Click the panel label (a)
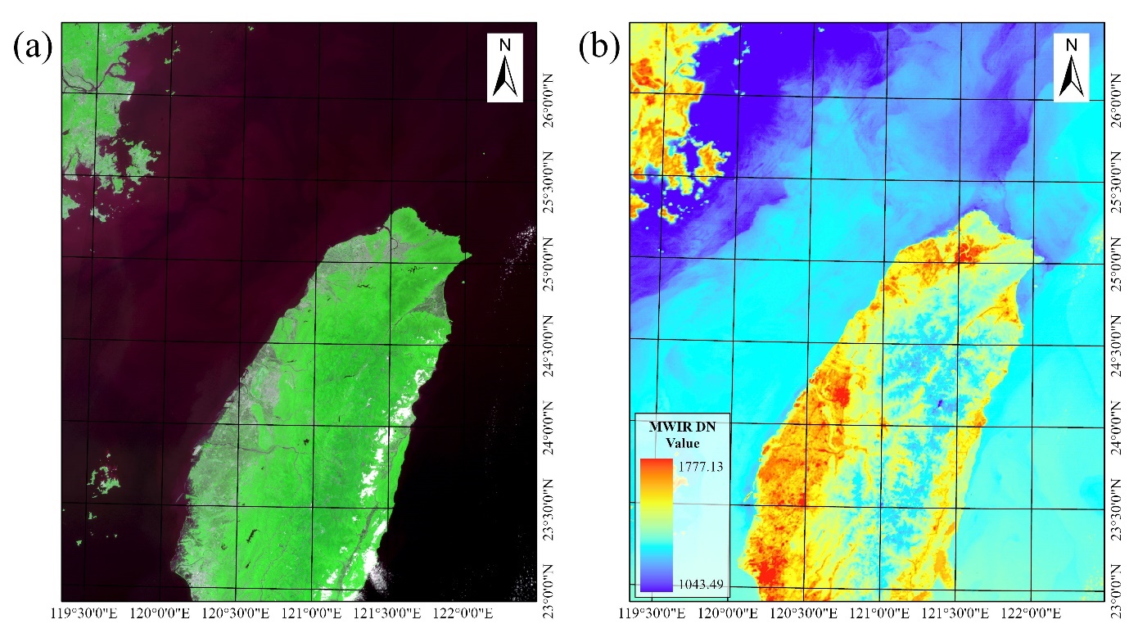tap(32, 47)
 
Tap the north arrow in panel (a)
tap(505, 68)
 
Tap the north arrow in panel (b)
tap(1071, 68)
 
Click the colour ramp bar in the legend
tap(657, 524)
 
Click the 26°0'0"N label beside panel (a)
tap(549, 99)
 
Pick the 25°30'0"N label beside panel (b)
tap(1116, 183)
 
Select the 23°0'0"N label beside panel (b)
tap(1116, 594)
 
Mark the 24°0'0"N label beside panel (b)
tap(1116, 431)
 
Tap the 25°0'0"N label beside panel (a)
tap(549, 264)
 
